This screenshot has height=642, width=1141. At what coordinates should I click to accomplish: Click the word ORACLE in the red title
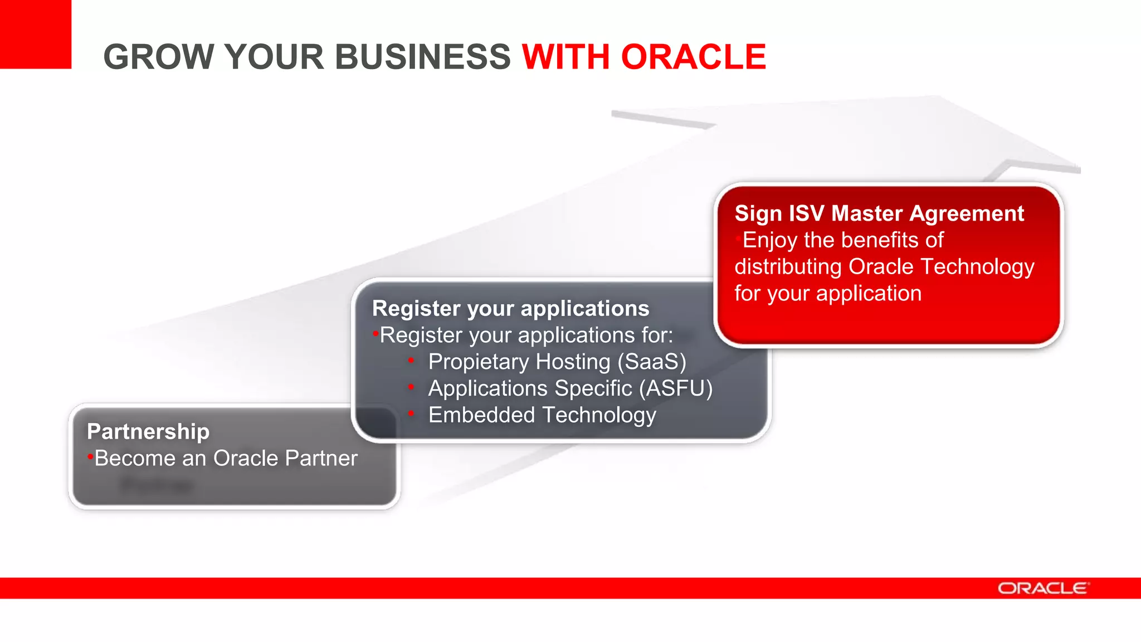[693, 57]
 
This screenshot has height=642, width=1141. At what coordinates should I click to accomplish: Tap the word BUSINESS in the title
[422, 57]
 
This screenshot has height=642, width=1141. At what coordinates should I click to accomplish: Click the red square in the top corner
[35, 33]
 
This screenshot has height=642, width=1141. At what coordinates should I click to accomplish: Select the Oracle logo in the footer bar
[1042, 588]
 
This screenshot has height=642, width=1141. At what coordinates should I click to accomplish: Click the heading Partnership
[148, 432]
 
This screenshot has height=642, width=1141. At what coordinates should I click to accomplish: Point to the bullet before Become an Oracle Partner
[90, 458]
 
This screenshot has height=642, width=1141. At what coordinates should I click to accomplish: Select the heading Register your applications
[510, 309]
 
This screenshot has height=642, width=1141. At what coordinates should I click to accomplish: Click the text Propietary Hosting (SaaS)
[557, 362]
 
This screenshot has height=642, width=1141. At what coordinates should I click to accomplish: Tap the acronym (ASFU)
[675, 388]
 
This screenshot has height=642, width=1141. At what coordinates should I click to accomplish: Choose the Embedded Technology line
[542, 415]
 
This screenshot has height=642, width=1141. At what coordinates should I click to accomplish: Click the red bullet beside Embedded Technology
[411, 413]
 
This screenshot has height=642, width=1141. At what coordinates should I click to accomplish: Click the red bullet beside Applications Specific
[411, 386]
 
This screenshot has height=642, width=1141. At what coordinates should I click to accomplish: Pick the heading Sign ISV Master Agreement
[879, 213]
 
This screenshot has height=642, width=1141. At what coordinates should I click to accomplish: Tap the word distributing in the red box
[788, 267]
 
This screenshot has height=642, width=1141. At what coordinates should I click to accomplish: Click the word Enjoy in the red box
[770, 240]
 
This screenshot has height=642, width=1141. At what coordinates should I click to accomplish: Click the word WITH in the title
[566, 57]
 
